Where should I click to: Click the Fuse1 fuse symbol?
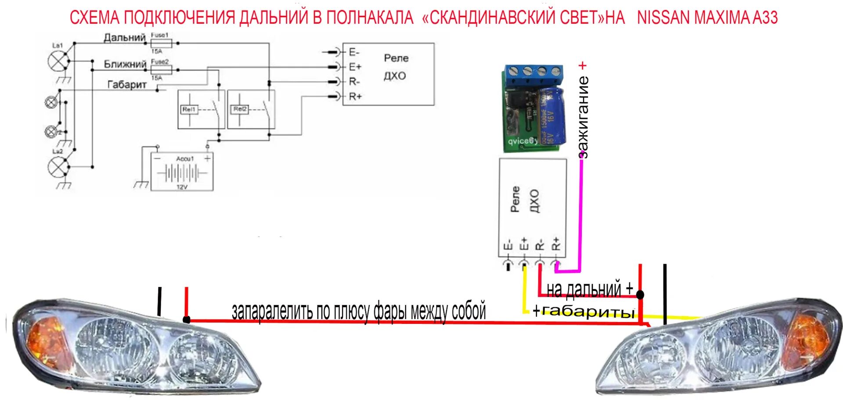[162, 43]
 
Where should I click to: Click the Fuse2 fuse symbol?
[161, 69]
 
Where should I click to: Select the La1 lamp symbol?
[57, 61]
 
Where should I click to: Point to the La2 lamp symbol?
[57, 167]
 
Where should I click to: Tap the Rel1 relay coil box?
[189, 109]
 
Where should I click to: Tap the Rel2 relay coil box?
[240, 109]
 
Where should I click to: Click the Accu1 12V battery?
[182, 172]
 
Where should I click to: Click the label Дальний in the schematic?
[124, 38]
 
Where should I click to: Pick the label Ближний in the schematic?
[125, 64]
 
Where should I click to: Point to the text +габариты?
[584, 311]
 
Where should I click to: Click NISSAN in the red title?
[663, 18]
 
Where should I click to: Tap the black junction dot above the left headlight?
[187, 319]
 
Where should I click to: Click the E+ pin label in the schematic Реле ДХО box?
[355, 67]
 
